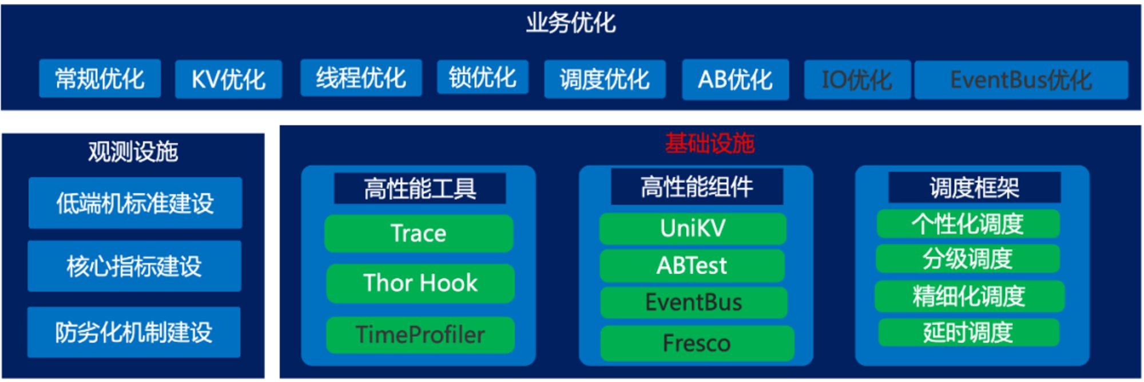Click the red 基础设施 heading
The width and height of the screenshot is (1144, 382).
709,143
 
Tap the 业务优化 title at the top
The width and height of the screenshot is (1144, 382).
571,23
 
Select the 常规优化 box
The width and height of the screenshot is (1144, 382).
100,78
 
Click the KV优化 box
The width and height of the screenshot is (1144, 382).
228,79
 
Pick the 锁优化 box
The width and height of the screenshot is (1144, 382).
482,77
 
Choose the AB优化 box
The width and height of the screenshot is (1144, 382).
735,80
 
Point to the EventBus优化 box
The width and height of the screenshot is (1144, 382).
1021,80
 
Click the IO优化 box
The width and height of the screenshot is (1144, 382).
857,80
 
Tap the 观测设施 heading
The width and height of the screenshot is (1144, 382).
133,152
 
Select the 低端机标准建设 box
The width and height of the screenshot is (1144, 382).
135,203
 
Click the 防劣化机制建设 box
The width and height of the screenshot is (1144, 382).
134,332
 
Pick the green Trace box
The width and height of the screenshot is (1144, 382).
419,234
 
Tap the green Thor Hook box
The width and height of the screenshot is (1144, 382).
420,283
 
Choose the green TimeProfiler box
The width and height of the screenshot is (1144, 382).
420,334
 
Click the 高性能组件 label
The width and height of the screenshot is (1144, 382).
697,187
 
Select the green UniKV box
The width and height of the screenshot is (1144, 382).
693,229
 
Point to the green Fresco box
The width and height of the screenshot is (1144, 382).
697,344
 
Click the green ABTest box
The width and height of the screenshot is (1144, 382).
692,266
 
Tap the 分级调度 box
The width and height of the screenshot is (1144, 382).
968,259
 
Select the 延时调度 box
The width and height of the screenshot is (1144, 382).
968,333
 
